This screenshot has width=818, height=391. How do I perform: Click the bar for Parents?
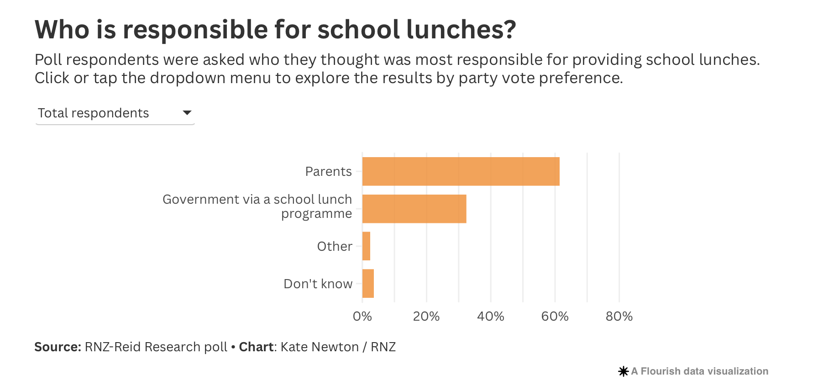(461, 171)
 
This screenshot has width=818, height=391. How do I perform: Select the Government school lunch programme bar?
(414, 209)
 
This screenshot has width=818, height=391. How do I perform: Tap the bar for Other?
(366, 246)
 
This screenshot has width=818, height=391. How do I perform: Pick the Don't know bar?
(368, 284)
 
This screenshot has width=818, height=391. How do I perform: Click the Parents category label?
(328, 172)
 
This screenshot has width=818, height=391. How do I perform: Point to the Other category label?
(335, 247)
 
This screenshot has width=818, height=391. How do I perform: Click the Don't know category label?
(318, 284)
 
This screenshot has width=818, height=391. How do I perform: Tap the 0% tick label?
(362, 317)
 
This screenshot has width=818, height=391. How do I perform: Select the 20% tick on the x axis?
(426, 317)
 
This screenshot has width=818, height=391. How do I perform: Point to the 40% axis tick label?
(491, 317)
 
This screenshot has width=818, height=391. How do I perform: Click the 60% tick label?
(555, 317)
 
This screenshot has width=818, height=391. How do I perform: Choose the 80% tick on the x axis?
(619, 317)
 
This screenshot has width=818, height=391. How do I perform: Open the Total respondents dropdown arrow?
(187, 113)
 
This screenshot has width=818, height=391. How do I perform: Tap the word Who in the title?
(62, 30)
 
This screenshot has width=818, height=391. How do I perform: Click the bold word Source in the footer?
(58, 347)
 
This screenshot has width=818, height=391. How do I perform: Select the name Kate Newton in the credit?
(320, 347)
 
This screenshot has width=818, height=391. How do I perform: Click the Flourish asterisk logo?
(623, 371)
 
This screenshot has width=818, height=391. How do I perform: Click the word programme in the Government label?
(316, 214)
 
